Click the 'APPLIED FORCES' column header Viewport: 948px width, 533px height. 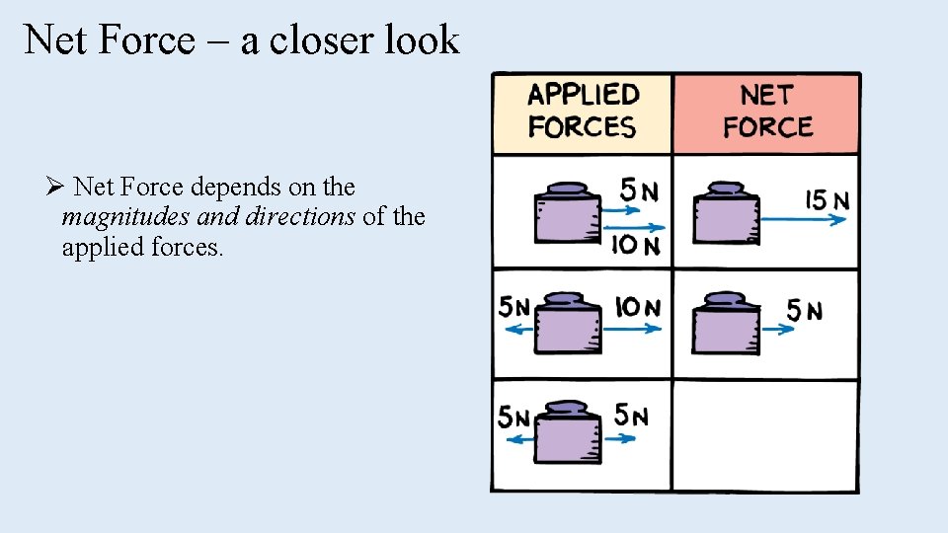pyautogui.click(x=582, y=111)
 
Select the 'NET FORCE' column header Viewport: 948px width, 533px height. pyautogui.click(x=767, y=111)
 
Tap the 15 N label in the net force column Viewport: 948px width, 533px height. pyautogui.click(x=828, y=200)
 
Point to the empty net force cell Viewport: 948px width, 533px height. pyautogui.click(x=765, y=434)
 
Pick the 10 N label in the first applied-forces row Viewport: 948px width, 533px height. pyautogui.click(x=636, y=245)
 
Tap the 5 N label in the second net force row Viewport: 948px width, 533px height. pyautogui.click(x=804, y=311)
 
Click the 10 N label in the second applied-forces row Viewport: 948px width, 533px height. pyautogui.click(x=637, y=308)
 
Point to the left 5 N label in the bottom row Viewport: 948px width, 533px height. pyautogui.click(x=513, y=418)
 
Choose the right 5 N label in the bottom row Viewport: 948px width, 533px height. pyautogui.click(x=631, y=416)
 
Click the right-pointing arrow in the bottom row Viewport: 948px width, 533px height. pyautogui.click(x=619, y=439)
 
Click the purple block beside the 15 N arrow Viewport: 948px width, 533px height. pyautogui.click(x=726, y=215)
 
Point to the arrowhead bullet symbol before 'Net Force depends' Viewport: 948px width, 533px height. pyautogui.click(x=54, y=186)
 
